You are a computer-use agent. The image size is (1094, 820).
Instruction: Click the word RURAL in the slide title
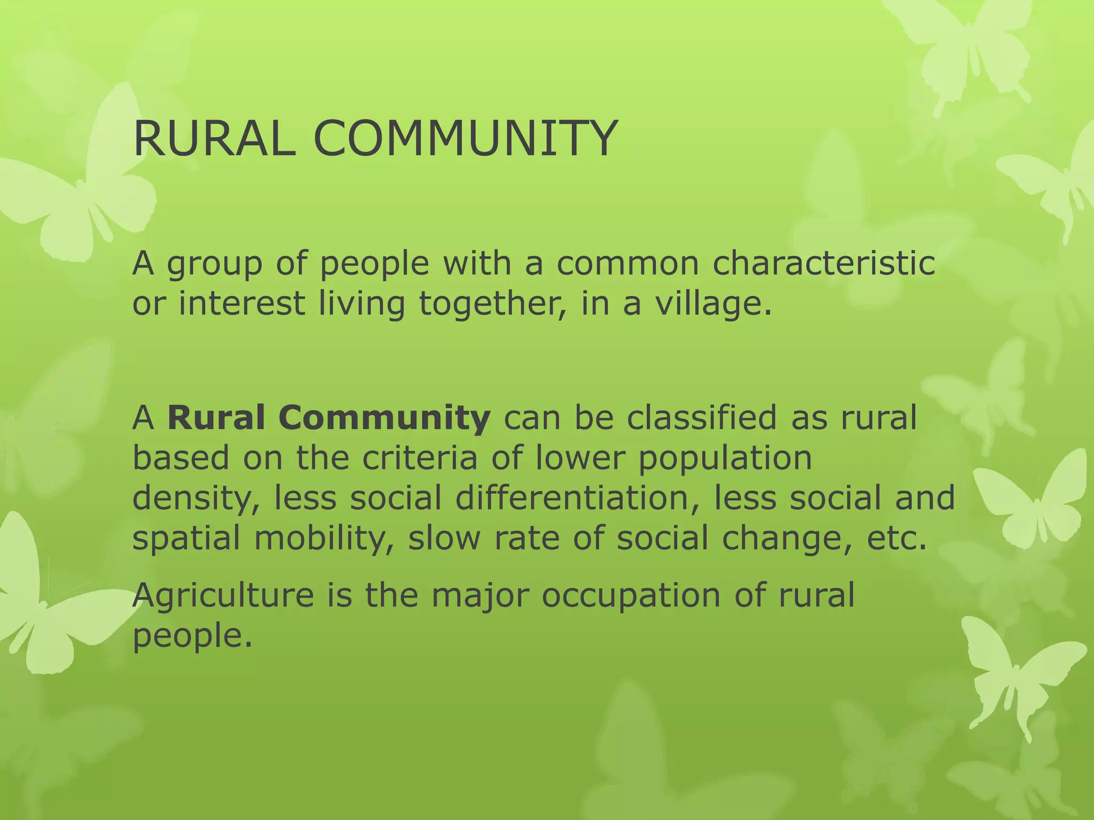(214, 139)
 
